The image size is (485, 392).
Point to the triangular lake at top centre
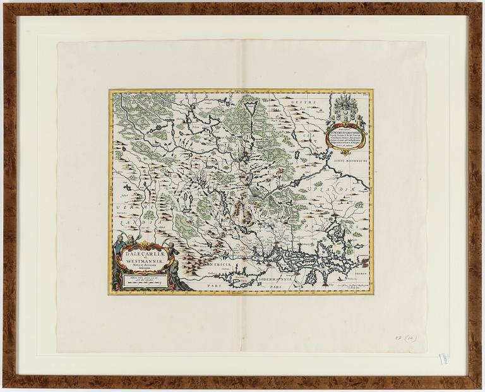[x=250, y=110]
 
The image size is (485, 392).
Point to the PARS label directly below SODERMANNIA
[x=272, y=287]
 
